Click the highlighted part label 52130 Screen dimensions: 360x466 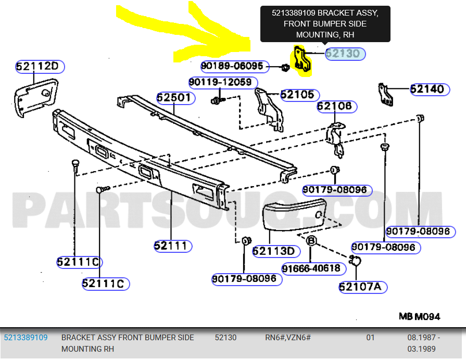(345, 54)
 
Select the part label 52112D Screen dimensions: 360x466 (40, 67)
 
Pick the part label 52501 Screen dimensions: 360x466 (175, 97)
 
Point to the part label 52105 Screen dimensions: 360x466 (297, 95)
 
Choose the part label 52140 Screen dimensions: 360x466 (429, 89)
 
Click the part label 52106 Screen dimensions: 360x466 (336, 107)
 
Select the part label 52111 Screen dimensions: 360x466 (172, 246)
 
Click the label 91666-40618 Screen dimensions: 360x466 (310, 268)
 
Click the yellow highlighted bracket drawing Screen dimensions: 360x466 (302, 60)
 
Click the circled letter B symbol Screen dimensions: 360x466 (311, 240)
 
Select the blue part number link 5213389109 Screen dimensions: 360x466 (26, 338)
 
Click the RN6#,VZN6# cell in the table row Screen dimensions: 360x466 (288, 338)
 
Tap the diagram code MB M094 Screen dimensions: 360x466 (419, 316)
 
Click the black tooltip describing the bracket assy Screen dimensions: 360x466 (325, 24)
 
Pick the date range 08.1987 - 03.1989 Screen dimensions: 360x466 (423, 343)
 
